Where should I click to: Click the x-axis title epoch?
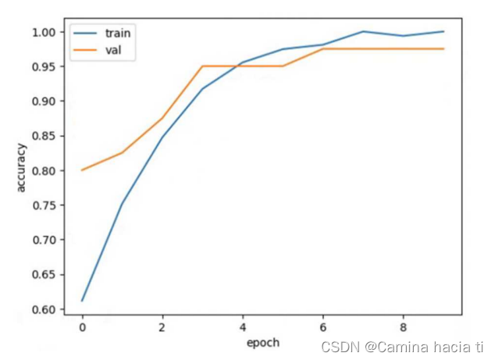pyautogui.click(x=262, y=343)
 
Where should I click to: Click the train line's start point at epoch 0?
pyautogui.click(x=82, y=301)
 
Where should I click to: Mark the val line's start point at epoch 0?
pyautogui.click(x=82, y=169)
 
